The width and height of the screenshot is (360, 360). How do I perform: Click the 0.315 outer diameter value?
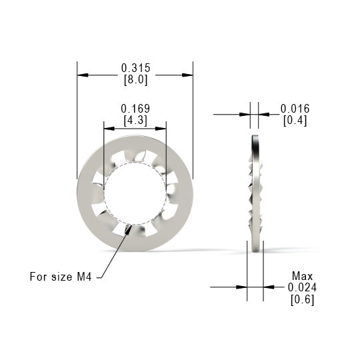[x=135, y=68]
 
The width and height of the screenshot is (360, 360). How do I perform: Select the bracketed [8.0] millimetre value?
[x=135, y=80]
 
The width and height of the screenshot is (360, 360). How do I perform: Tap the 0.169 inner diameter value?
[x=135, y=109]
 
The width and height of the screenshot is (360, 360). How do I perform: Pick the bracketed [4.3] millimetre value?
[x=135, y=120]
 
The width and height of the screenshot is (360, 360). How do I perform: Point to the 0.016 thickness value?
[x=295, y=109]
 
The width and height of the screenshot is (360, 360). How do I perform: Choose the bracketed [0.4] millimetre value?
[x=295, y=121]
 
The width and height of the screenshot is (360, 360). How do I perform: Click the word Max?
[x=302, y=276]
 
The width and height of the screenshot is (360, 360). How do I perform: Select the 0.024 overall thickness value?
[x=302, y=287]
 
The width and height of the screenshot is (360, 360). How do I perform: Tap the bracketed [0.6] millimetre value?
[x=302, y=299]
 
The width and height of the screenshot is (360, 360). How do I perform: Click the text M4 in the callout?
[x=84, y=277]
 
